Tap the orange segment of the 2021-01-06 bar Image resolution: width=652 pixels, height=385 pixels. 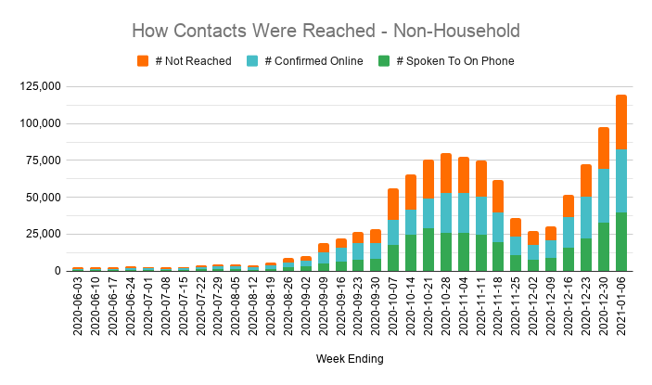[x=622, y=122]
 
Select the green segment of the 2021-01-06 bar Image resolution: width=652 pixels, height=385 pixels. [x=622, y=241]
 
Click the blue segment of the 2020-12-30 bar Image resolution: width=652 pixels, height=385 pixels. [x=604, y=195]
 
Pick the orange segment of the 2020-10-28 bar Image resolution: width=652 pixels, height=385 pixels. [x=446, y=173]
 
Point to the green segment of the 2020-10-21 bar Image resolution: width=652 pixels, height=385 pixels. [x=428, y=250]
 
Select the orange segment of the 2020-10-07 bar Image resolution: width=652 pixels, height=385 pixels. [x=393, y=204]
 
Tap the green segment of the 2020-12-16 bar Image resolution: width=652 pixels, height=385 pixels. [x=569, y=259]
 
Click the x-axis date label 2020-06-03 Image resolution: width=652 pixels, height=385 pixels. [x=78, y=307]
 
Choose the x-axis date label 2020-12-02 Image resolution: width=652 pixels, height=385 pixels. [x=534, y=307]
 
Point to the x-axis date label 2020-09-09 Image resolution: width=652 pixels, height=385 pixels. [x=324, y=307]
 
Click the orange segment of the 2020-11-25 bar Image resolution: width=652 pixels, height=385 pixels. [x=517, y=227]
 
